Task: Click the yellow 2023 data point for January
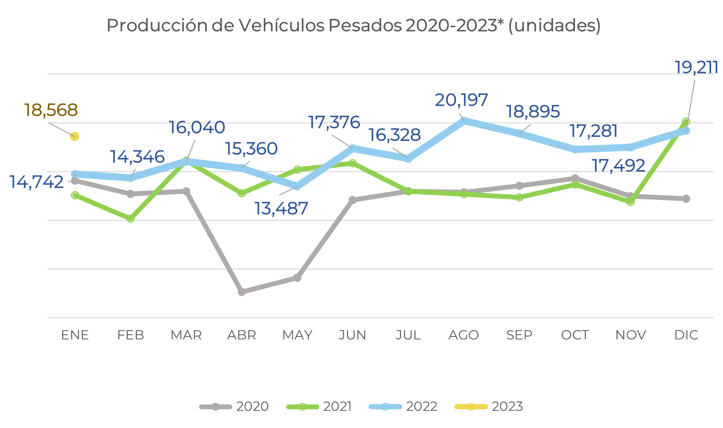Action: (74, 137)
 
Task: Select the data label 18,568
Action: (51, 110)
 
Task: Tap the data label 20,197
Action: (461, 100)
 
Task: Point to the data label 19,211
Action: (696, 68)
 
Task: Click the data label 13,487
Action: (281, 209)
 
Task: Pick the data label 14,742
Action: (37, 182)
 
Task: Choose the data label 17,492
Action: (618, 166)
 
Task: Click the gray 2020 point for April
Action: (242, 292)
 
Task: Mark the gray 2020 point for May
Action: (297, 278)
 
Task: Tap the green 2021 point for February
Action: (130, 219)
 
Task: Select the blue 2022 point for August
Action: (464, 121)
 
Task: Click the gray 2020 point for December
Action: (686, 199)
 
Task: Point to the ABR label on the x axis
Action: (242, 335)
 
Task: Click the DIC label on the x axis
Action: (686, 335)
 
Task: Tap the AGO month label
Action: (464, 335)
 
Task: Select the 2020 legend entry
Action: (234, 407)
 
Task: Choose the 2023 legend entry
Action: (489, 407)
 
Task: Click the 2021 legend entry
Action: (319, 407)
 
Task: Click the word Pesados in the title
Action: (365, 25)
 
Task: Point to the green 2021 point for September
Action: (519, 197)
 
